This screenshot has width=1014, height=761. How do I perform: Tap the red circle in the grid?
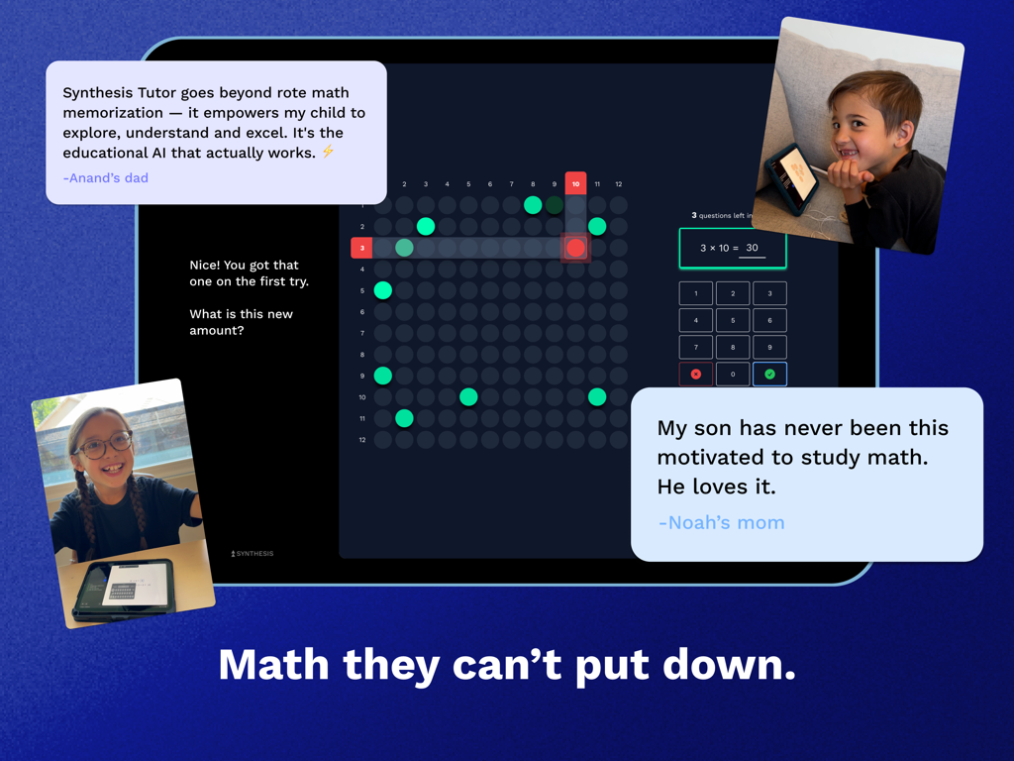575,248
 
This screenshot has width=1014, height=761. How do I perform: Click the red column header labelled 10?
575,183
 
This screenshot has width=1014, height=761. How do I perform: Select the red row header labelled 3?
361,248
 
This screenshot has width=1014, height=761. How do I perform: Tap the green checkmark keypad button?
769,374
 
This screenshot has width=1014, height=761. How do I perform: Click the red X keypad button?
695,374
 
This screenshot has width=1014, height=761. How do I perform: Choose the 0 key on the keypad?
733,374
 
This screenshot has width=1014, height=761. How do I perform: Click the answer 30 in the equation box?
752,248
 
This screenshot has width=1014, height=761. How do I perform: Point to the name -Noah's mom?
721,522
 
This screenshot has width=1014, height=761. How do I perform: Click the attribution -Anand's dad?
105,178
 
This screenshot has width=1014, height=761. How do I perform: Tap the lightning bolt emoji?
328,152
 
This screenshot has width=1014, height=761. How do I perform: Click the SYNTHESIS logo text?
253,553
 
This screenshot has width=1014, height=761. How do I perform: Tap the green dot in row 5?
383,290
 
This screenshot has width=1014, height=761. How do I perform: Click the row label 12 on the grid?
361,440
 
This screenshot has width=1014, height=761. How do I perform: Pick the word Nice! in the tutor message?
207,266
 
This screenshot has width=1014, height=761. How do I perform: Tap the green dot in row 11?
404,418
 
